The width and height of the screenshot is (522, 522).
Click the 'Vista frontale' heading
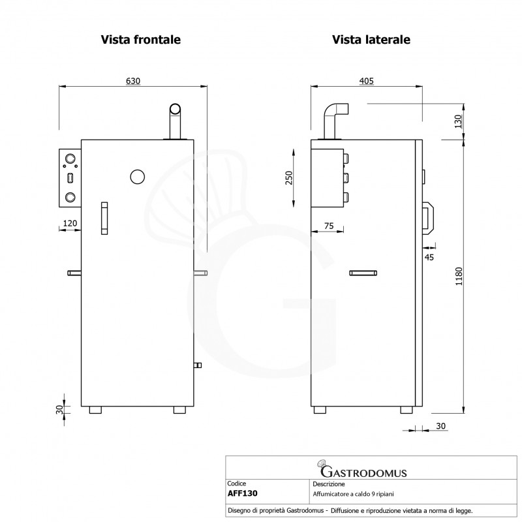140,40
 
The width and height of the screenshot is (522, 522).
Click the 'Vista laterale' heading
371,40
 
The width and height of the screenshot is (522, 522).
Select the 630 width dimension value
132,81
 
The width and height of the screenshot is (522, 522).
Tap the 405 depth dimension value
366,81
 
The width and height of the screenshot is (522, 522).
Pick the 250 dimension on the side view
289,177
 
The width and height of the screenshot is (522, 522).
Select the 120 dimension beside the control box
70,223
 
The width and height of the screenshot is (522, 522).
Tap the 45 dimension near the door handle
429,257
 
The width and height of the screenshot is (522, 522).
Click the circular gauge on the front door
138,177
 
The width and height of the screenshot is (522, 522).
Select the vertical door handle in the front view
104,218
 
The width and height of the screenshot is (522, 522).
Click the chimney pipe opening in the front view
176,109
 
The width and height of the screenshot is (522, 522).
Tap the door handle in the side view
428,217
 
